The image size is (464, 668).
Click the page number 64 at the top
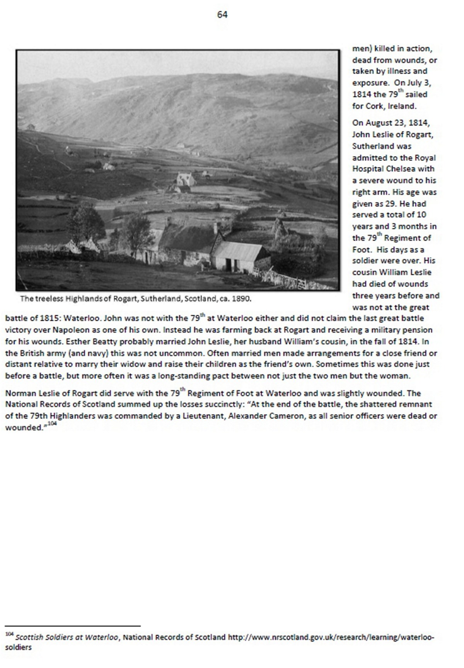pyautogui.click(x=222, y=15)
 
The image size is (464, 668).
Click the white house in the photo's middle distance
pyautogui.click(x=186, y=179)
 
